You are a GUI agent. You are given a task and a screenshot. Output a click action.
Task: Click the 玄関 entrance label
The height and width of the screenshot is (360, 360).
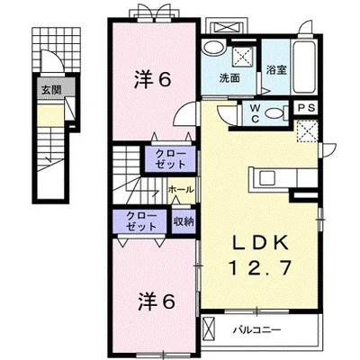click(x=51, y=89)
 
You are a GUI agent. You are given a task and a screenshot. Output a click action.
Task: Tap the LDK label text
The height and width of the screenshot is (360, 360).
click(x=261, y=244)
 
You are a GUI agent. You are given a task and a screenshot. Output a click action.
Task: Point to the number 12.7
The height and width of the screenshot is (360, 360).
click(x=260, y=268)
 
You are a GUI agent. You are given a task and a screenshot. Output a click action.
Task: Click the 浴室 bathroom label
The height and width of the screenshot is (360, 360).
click(x=276, y=70)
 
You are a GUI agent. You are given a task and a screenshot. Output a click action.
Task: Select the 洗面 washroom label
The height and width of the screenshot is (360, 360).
click(x=229, y=78)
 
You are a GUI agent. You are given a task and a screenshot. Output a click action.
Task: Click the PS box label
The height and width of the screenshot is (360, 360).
click(x=307, y=108)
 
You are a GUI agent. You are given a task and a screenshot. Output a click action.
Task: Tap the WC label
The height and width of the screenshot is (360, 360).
click(x=255, y=113)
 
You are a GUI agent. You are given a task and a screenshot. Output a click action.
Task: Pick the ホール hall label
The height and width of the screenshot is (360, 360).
click(x=181, y=190)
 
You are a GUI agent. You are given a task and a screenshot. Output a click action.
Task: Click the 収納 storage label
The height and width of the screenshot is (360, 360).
click(x=184, y=222)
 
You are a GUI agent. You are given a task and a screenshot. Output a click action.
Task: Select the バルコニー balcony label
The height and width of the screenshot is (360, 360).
click(x=257, y=330)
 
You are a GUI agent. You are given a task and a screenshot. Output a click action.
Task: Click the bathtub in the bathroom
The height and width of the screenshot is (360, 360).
click(x=306, y=67)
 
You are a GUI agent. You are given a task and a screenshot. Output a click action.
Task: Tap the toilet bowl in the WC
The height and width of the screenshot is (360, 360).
click(x=274, y=113)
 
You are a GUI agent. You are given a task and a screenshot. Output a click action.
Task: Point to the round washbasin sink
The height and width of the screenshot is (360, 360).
click(x=213, y=48)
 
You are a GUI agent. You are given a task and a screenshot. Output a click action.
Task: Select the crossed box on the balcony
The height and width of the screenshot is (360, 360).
click(x=209, y=329)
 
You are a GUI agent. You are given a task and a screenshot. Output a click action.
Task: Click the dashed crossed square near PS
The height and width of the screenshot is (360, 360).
click(x=307, y=131)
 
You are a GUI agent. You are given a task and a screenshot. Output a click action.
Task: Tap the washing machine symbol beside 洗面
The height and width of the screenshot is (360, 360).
click(x=244, y=56)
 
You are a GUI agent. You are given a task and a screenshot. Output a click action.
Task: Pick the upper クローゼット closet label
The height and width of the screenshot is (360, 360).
click(x=170, y=158)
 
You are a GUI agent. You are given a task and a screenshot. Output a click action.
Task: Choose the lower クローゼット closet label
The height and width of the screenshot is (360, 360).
click(x=141, y=221)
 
